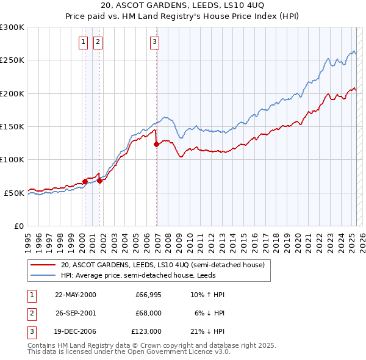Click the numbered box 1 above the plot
(x=83, y=42)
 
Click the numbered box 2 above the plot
(x=98, y=42)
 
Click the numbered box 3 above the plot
(x=155, y=42)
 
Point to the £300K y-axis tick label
(x=12, y=27)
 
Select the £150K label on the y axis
(x=12, y=126)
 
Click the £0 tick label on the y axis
(x=18, y=226)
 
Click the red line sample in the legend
(x=43, y=265)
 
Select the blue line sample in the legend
(x=43, y=275)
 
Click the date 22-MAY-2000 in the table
(x=76, y=295)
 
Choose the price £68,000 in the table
(x=148, y=313)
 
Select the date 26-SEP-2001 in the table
(x=76, y=313)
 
